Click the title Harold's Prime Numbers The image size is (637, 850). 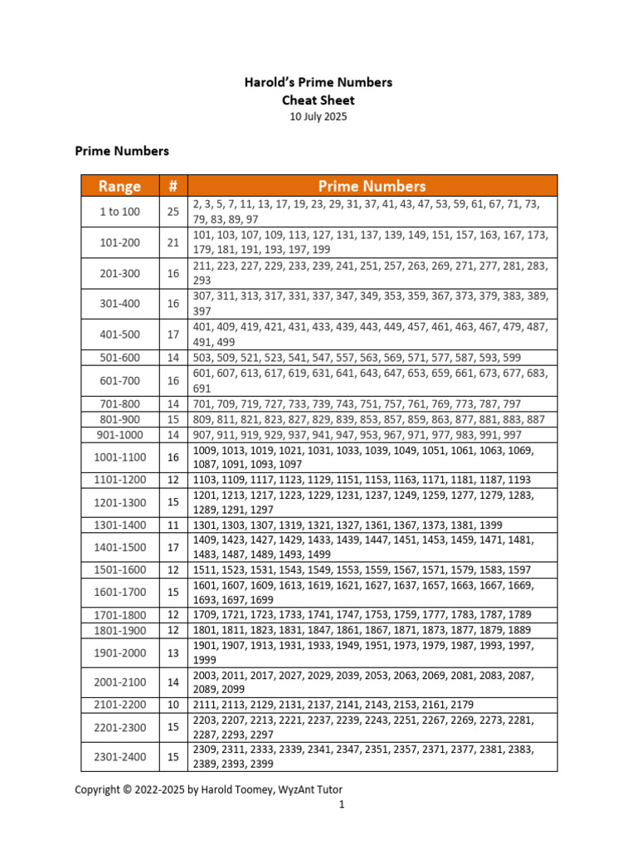click(x=318, y=82)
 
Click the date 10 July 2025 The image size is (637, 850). click(x=318, y=117)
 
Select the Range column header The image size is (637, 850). click(x=120, y=186)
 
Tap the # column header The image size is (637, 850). click(x=173, y=186)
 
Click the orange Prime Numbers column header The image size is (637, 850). click(x=372, y=186)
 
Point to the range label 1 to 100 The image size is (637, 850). click(x=120, y=212)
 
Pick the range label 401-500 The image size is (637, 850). click(x=120, y=335)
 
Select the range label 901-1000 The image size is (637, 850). click(x=120, y=434)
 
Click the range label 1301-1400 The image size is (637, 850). click(x=120, y=525)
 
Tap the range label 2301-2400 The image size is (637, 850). click(x=120, y=756)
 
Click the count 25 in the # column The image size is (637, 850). click(x=173, y=212)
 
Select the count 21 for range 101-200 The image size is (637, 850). click(x=173, y=242)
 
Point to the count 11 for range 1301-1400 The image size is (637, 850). click(x=173, y=525)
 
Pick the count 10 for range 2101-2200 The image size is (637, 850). click(x=173, y=705)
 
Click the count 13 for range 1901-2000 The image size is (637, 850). click(x=173, y=652)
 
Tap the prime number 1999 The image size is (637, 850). click(x=205, y=659)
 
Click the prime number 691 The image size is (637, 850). click(x=202, y=388)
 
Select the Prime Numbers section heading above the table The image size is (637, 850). click(x=122, y=151)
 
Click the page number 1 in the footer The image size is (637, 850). click(x=341, y=804)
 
